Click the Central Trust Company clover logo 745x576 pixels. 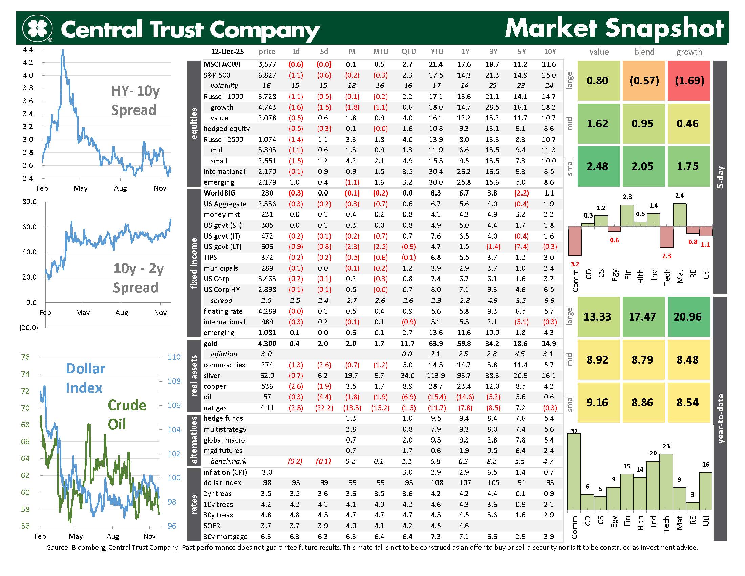click(x=37, y=28)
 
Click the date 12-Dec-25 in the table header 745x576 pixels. click(x=228, y=52)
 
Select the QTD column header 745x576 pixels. click(x=408, y=52)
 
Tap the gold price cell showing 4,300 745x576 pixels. click(x=267, y=343)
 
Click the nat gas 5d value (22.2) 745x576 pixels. click(x=323, y=408)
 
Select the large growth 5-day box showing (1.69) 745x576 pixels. click(x=689, y=81)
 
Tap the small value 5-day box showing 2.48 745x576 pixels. click(x=597, y=166)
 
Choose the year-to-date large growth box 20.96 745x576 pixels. click(x=688, y=317)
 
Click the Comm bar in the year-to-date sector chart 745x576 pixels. click(x=574, y=471)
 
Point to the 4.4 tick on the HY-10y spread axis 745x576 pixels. click(x=28, y=50)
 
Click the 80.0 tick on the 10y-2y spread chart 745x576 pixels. click(x=29, y=202)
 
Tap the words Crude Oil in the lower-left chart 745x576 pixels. click(x=127, y=415)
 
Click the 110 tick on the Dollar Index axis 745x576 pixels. click(x=174, y=357)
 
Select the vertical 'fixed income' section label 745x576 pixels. click(x=194, y=263)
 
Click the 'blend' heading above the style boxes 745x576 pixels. click(x=644, y=52)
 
